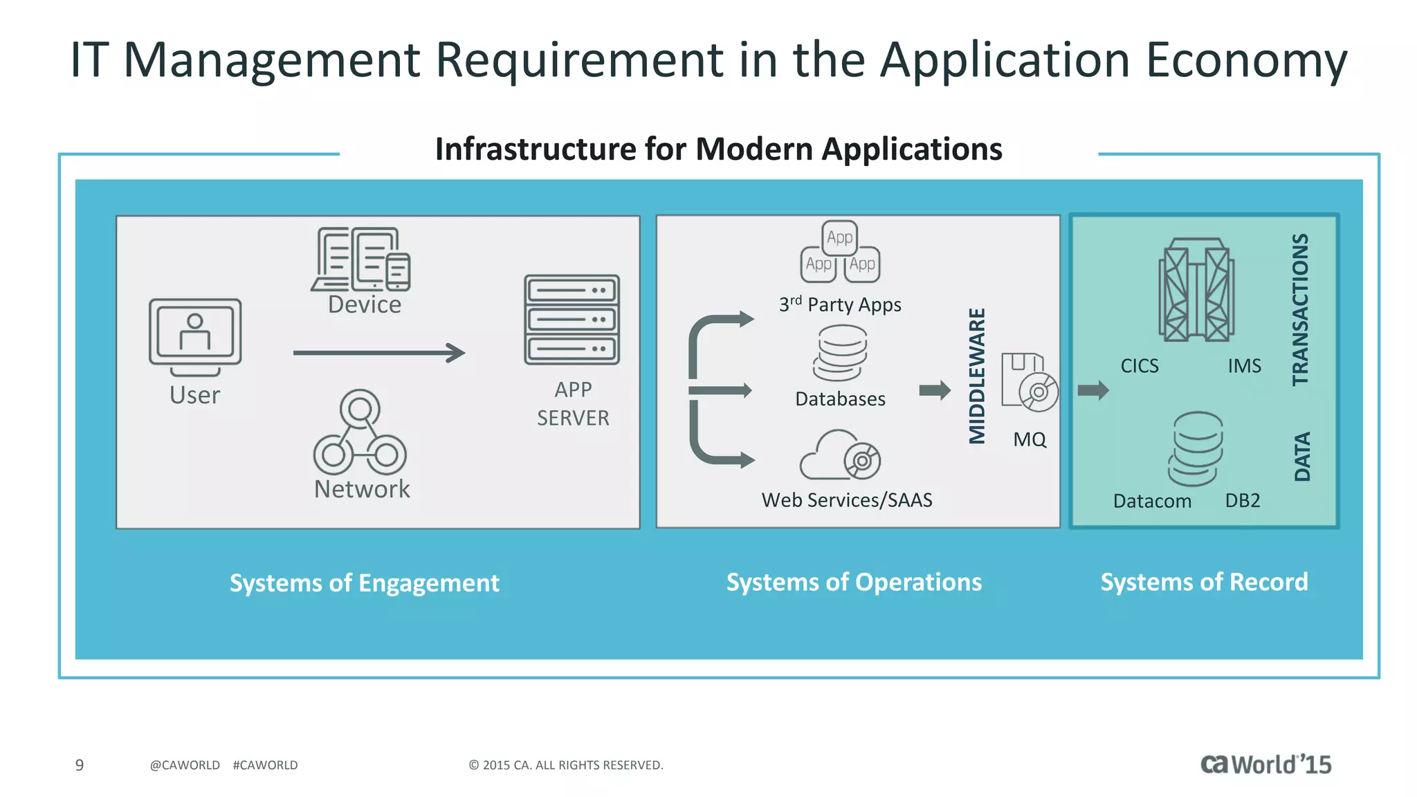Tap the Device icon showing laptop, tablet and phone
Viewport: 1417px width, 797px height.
tap(361, 259)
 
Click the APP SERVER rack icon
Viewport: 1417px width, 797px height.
tap(572, 320)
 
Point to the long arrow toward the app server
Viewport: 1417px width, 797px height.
tap(378, 353)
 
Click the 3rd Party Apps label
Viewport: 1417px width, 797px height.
tap(840, 304)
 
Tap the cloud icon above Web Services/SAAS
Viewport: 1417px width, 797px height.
tap(839, 455)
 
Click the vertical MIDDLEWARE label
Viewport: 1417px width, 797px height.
tap(976, 376)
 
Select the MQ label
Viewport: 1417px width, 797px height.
tap(1030, 439)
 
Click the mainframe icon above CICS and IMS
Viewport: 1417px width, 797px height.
tap(1196, 290)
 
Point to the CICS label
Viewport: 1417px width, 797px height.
tap(1140, 366)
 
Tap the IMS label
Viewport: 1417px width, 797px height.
tap(1244, 366)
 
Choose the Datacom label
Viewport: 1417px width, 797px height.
tap(1152, 501)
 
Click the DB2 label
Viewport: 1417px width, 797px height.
tap(1243, 500)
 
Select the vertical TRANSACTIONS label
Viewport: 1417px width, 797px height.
tap(1301, 309)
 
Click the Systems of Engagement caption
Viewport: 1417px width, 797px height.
tap(364, 583)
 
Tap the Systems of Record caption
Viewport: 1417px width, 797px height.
tap(1204, 582)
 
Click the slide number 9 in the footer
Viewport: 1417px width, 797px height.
tap(80, 764)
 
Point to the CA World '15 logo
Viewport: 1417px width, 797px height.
tap(1265, 764)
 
